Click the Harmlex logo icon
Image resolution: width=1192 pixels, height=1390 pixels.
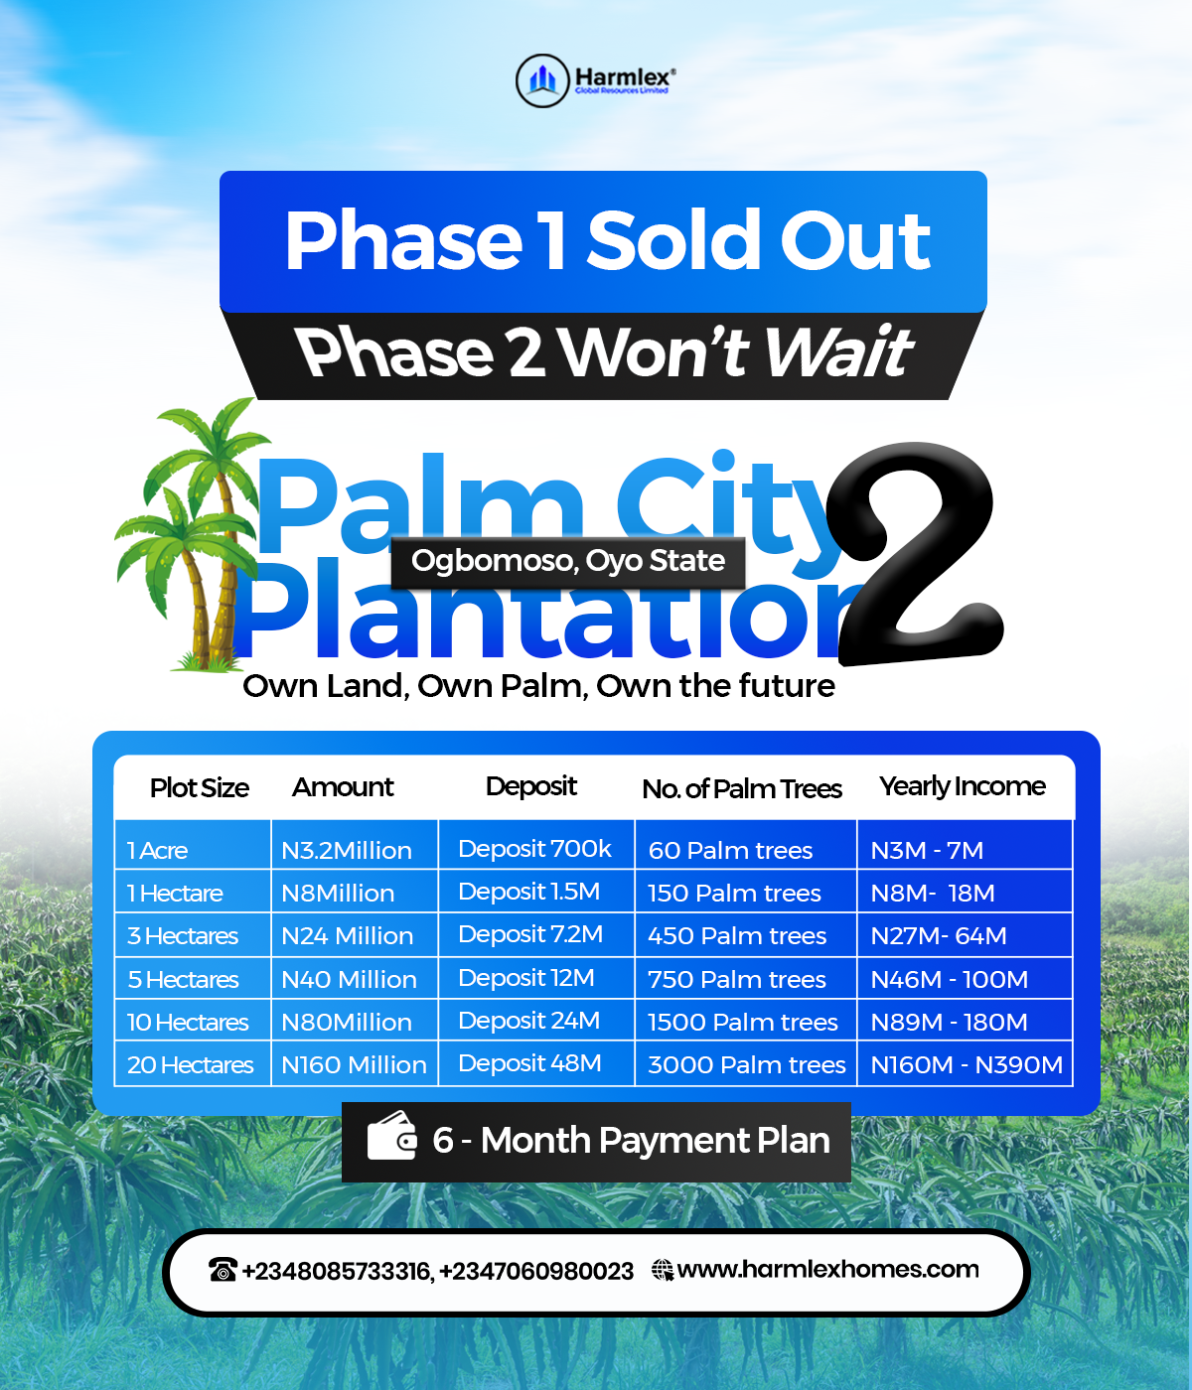[x=542, y=80]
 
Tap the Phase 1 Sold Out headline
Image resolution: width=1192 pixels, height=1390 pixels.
[x=607, y=241]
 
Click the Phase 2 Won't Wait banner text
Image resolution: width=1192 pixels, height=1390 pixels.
[x=604, y=352]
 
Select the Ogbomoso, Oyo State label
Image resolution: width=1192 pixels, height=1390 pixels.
[x=567, y=561]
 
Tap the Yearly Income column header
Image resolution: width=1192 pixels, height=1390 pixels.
[x=962, y=786]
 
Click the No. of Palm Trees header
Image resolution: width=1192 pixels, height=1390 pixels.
[x=741, y=788]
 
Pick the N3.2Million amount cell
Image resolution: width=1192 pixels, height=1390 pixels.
[x=346, y=851]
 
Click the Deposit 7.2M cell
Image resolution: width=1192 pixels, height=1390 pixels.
[x=530, y=934]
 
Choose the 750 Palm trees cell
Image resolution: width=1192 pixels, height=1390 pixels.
[x=736, y=980]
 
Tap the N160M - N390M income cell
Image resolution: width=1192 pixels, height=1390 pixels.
[x=966, y=1065]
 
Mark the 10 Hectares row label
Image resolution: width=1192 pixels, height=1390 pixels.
[x=187, y=1023]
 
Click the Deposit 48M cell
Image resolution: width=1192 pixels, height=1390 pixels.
[x=529, y=1063]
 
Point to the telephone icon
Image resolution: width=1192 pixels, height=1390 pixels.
[x=223, y=1270]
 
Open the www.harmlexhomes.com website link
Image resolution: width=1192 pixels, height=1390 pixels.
[x=827, y=1270]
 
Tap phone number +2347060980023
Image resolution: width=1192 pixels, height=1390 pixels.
[x=536, y=1271]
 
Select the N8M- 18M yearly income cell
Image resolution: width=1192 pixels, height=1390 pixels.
[x=932, y=894]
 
